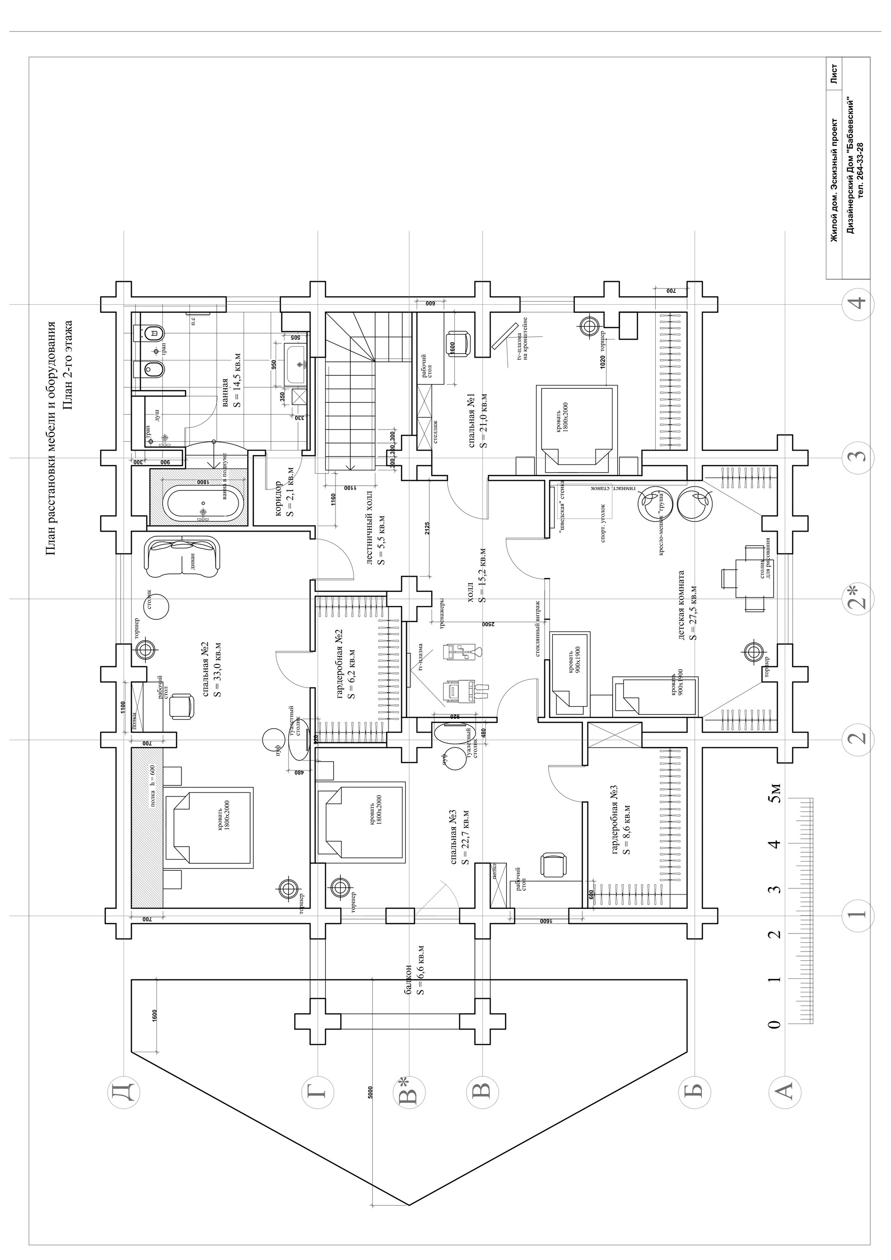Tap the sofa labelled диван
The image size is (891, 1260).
[x=183, y=558]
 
